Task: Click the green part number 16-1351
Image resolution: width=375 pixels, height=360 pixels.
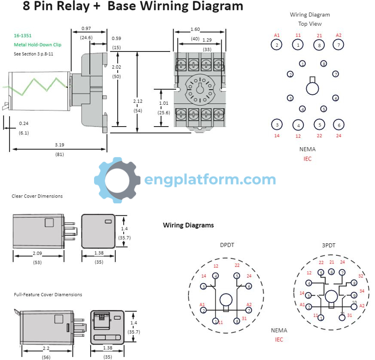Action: click(x=22, y=36)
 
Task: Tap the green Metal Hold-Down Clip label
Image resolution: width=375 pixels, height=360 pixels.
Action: click(x=37, y=45)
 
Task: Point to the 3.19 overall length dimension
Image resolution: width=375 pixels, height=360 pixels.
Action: click(x=60, y=145)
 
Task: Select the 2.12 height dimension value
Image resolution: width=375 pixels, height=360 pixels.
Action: click(x=138, y=101)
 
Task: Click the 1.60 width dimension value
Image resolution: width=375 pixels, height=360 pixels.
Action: click(x=195, y=29)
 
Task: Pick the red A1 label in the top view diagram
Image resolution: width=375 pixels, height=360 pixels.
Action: click(x=277, y=35)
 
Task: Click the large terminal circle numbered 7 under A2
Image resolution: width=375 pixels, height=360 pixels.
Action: click(x=338, y=45)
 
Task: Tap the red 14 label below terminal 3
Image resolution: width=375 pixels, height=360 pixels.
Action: click(x=277, y=136)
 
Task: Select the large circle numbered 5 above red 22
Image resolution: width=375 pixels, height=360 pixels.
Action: click(x=320, y=125)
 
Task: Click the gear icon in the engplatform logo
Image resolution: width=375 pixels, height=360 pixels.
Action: click(x=117, y=180)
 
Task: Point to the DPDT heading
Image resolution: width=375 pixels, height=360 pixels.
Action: click(x=227, y=245)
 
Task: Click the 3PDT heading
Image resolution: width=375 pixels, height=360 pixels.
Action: click(x=329, y=245)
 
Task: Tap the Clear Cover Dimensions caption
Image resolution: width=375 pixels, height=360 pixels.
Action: click(x=37, y=196)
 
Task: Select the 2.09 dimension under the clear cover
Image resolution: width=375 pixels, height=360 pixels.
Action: click(x=37, y=253)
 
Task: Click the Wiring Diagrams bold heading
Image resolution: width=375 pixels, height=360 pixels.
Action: click(x=189, y=225)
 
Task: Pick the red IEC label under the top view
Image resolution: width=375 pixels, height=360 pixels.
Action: click(x=308, y=159)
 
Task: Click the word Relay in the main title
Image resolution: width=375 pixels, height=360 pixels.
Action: click(x=73, y=6)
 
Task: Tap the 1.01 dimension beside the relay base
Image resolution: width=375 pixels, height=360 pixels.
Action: click(x=164, y=103)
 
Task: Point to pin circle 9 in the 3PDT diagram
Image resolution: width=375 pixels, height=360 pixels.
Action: click(x=354, y=296)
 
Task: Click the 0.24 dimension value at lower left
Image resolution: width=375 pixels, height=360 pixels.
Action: click(x=24, y=124)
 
